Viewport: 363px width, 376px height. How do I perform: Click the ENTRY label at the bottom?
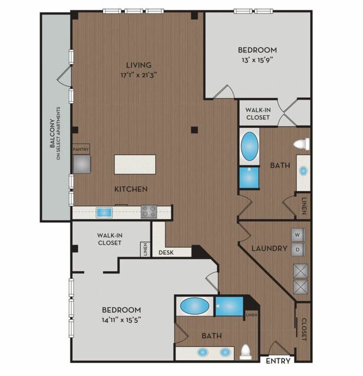[278, 361]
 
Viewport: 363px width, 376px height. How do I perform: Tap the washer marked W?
[298, 235]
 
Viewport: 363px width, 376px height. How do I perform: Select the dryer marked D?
[298, 249]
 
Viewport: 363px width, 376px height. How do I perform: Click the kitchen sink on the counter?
[104, 212]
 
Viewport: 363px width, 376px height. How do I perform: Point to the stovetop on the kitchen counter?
[149, 212]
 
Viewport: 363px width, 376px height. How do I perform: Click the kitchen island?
[135, 165]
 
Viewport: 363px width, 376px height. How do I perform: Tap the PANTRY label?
[81, 149]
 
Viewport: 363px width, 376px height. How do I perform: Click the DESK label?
[166, 252]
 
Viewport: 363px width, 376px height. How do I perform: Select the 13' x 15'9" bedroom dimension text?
[258, 60]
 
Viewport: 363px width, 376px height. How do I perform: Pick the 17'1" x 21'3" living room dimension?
[138, 75]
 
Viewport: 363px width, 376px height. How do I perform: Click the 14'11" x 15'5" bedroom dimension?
[121, 320]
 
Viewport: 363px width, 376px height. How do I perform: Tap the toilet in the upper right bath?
[302, 144]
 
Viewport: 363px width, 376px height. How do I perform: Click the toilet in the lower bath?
[246, 352]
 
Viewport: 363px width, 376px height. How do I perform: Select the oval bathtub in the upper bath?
[250, 146]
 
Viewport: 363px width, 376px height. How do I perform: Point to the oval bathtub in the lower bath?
[194, 306]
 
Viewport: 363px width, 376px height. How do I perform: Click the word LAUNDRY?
[269, 248]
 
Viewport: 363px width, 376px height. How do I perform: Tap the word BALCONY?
[52, 133]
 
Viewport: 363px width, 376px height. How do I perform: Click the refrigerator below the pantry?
[82, 164]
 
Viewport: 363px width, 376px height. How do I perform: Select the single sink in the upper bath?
[303, 171]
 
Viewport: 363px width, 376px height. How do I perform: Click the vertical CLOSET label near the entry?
[303, 330]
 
